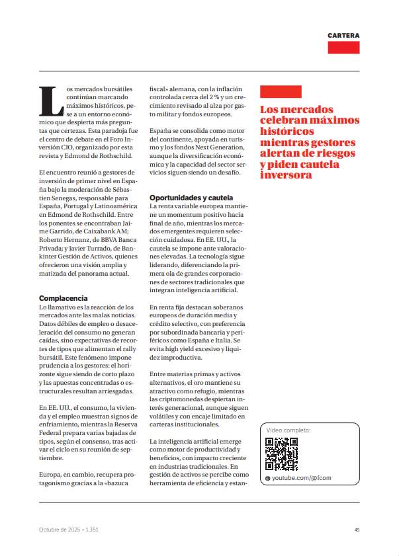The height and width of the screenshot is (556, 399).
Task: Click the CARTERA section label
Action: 343,35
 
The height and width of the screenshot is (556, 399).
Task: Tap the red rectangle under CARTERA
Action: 343,48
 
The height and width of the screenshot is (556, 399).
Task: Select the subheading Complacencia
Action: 64,298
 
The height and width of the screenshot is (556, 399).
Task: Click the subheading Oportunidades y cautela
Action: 191,198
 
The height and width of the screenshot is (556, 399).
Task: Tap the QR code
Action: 281,454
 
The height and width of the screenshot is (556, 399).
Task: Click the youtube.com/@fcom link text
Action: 301,477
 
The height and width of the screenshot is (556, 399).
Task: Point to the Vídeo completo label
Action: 288,430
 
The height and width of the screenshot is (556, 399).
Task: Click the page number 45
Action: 357,530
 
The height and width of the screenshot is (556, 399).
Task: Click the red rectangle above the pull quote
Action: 281,92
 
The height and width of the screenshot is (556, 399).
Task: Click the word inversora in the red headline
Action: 285,175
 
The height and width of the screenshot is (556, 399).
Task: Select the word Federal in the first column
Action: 53,426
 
